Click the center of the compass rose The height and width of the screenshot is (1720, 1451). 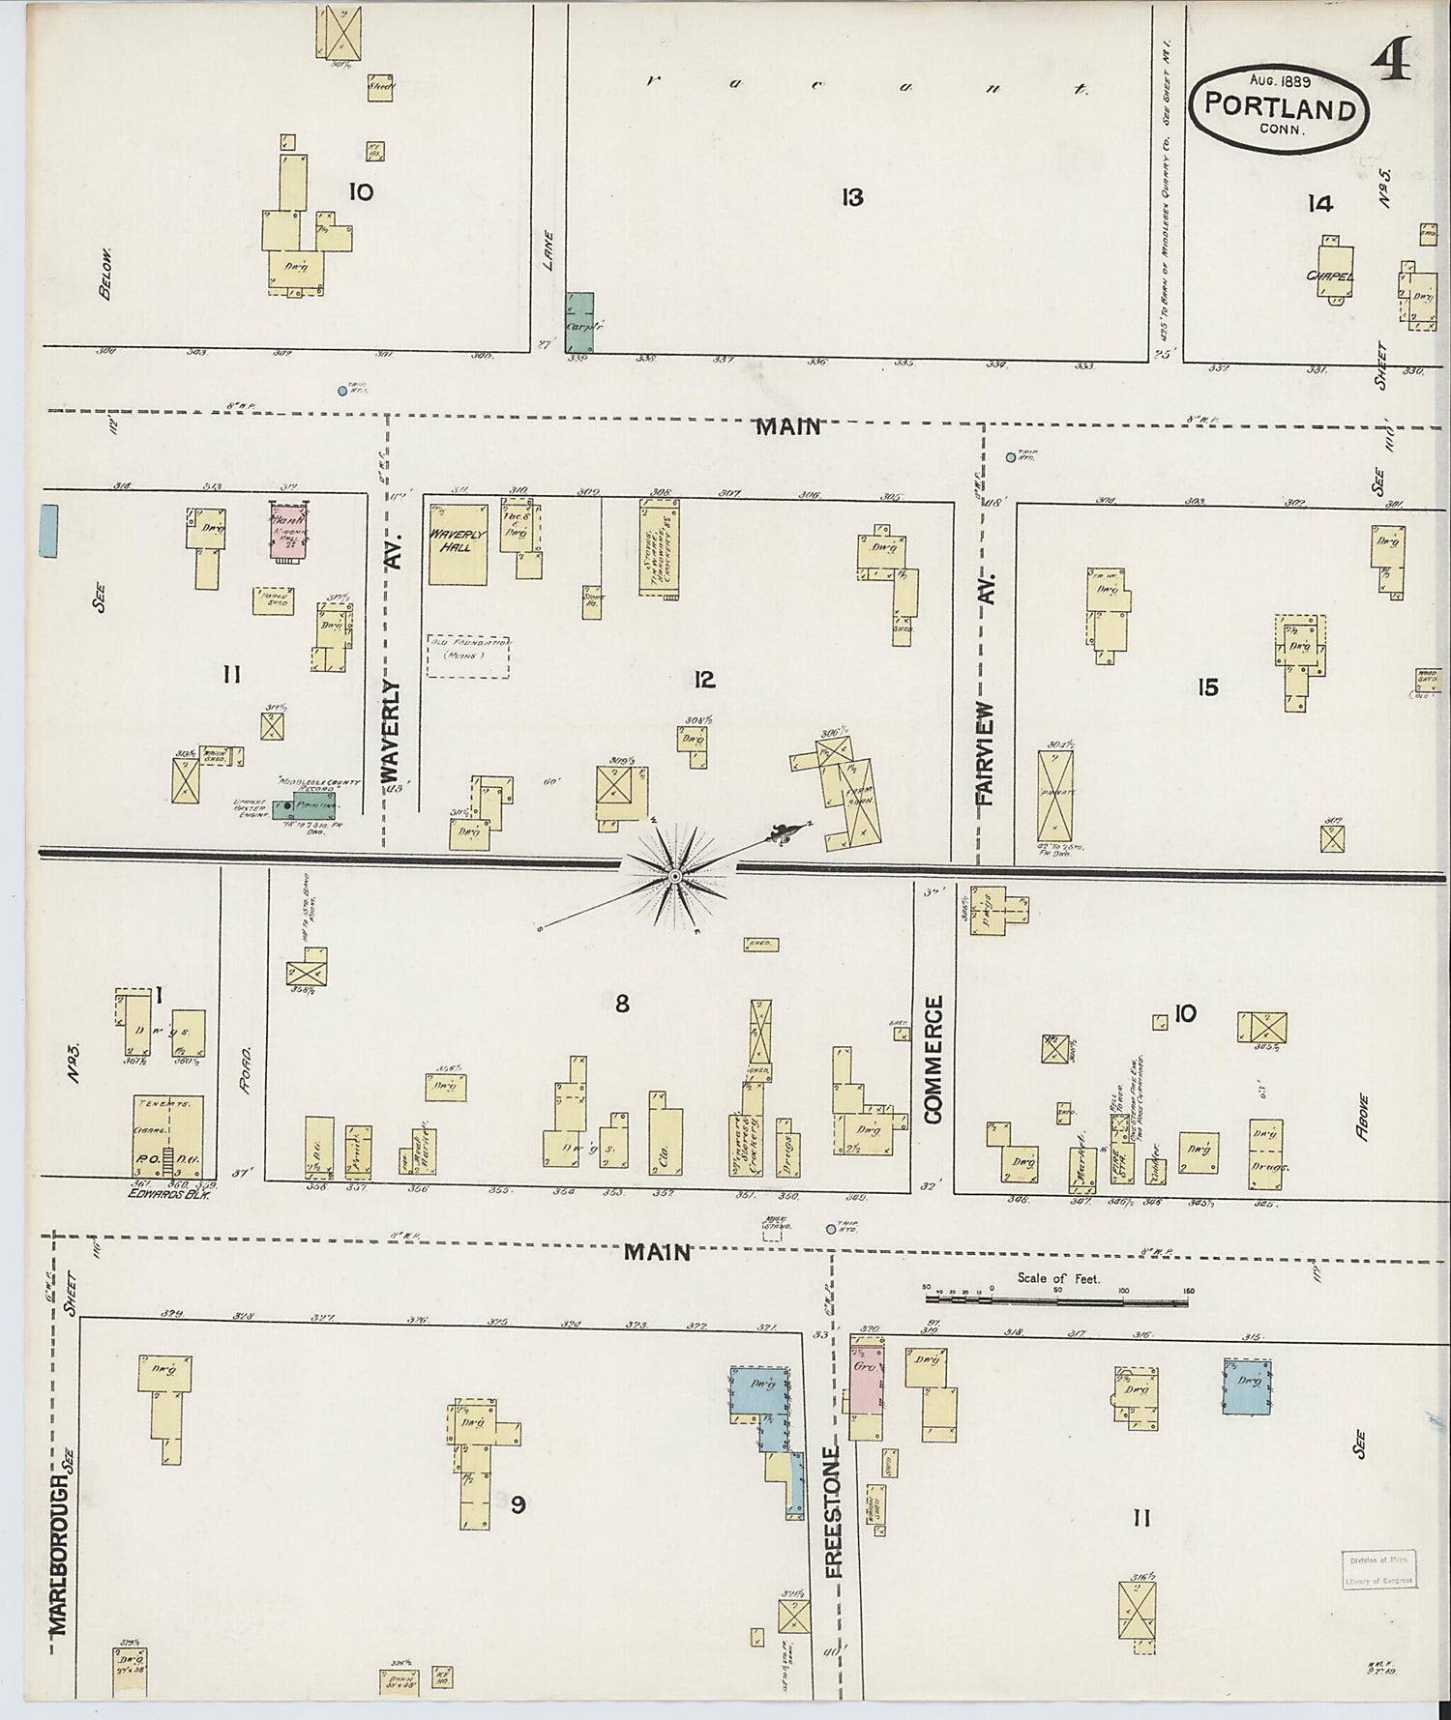tap(674, 876)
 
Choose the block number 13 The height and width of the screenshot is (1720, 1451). tap(851, 198)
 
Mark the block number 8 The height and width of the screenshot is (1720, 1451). tap(621, 1005)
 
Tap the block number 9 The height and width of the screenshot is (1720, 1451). tap(518, 1504)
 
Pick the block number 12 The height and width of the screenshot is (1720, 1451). tap(703, 680)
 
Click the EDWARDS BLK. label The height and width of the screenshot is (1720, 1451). tap(170, 1194)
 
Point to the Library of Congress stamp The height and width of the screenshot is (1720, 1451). tap(1378, 1569)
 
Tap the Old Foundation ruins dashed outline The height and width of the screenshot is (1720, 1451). tap(469, 656)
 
